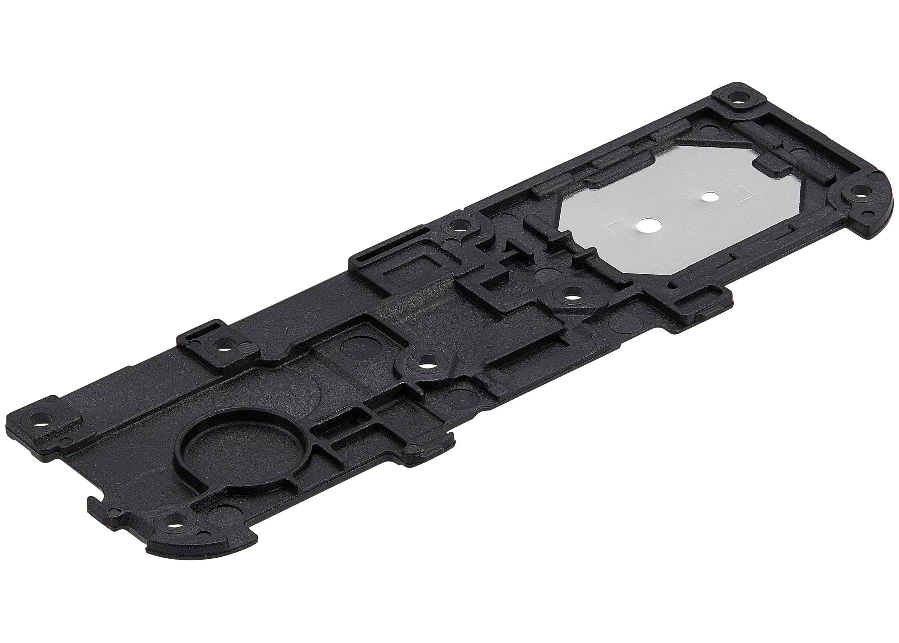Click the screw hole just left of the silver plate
point(457,226)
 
